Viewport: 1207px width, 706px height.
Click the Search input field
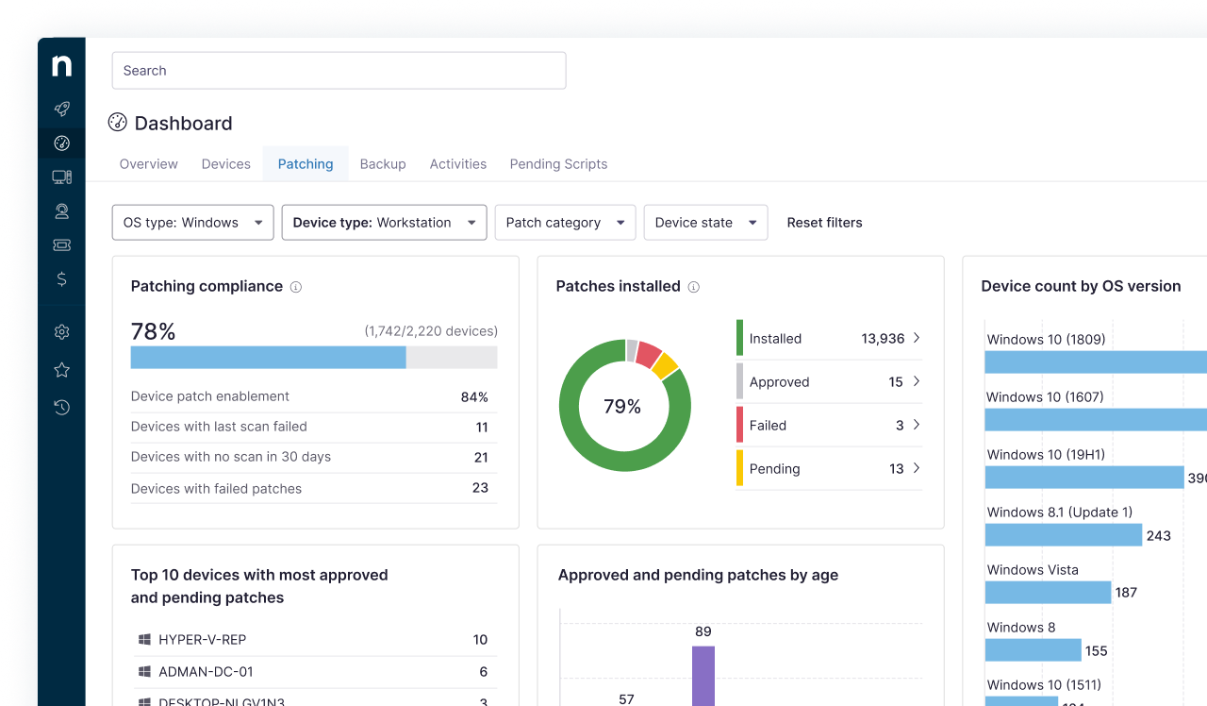(339, 71)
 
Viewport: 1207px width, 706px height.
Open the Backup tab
(383, 164)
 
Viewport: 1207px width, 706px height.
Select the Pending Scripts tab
(558, 164)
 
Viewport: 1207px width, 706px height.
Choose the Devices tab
(226, 164)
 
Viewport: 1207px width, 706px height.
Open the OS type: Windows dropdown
(192, 223)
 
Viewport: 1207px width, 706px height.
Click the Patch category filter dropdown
(565, 223)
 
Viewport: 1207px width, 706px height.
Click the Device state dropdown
(705, 223)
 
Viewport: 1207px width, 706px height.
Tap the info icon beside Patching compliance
(296, 287)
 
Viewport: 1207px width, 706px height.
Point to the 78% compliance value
(153, 331)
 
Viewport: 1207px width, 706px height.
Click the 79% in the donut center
(622, 407)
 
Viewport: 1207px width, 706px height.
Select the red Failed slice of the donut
(648, 354)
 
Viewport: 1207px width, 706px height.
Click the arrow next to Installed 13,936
(917, 338)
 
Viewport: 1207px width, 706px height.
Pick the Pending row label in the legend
(774, 469)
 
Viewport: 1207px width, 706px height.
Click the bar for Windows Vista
(1048, 593)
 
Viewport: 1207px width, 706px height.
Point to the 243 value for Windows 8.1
(1158, 536)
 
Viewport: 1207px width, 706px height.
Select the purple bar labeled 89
(703, 675)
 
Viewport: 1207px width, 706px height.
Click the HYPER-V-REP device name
(202, 640)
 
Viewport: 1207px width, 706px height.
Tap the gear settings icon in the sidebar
(62, 332)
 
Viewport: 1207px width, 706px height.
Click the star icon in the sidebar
(62, 370)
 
